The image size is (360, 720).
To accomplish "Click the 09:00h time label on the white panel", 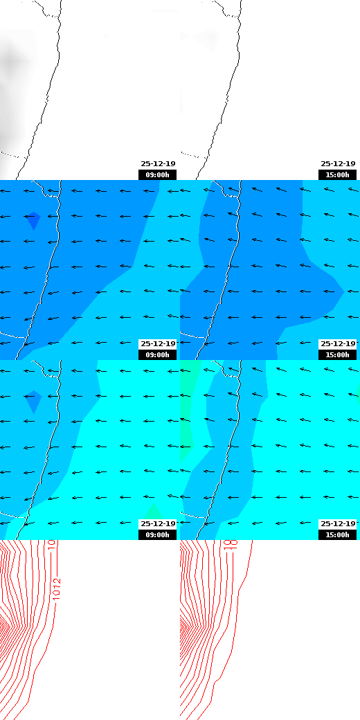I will pos(157,175).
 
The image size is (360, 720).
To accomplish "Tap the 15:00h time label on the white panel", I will pos(337,175).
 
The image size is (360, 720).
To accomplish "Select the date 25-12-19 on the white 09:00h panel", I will pos(158,164).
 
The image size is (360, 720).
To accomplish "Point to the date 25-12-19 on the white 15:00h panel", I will pos(338,164).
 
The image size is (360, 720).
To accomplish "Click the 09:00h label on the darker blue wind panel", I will pos(157,354).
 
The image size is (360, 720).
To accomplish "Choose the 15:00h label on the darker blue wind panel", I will pos(337,354).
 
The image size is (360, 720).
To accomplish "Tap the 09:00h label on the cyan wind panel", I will pos(157,534).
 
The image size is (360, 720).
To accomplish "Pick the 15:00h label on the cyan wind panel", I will pos(337,534).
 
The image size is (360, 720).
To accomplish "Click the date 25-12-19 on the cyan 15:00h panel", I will pos(338,523).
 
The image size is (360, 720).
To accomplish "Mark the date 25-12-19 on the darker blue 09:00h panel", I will pos(158,343).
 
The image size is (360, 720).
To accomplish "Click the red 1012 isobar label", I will pos(57,589).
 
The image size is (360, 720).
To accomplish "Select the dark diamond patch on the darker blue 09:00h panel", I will pos(33,220).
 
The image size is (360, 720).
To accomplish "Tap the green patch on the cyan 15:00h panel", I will pos(187,408).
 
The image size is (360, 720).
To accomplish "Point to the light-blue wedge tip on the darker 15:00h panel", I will pos(342,291).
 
